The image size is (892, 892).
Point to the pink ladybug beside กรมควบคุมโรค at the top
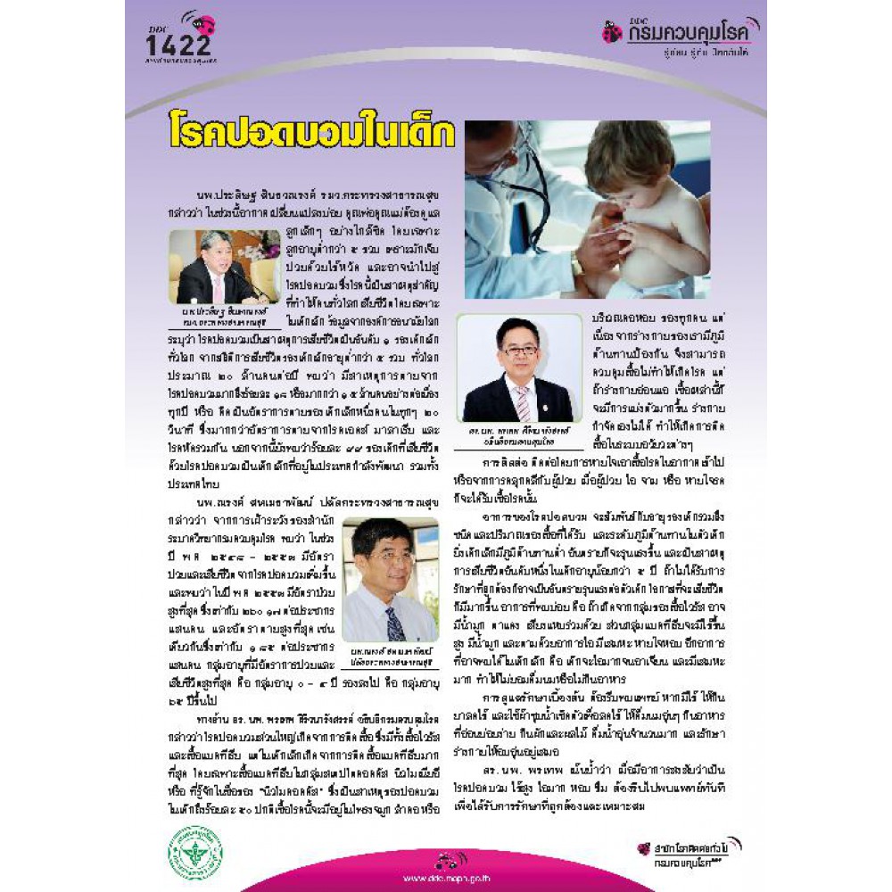click(x=612, y=33)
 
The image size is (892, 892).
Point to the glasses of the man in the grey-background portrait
click(x=520, y=350)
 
